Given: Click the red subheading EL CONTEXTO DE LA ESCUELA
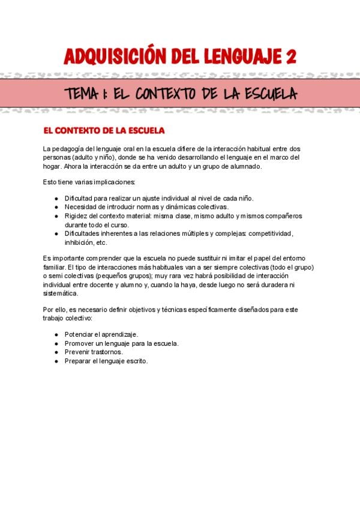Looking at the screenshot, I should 103,130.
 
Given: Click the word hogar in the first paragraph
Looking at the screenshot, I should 52,166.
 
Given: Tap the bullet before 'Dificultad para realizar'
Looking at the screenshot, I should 56,198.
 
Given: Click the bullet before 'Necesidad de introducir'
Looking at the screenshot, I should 56,207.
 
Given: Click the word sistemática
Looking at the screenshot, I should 61,294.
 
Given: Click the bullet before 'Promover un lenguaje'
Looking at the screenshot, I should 56,343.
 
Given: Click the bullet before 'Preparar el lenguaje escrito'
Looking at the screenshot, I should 56,361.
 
